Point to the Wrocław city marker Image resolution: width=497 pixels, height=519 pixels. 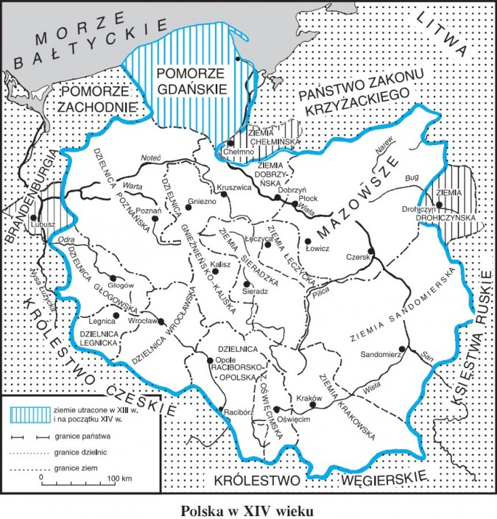[161, 320]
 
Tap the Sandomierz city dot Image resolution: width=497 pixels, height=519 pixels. [401, 349]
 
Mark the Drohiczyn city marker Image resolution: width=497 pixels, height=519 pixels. [439, 205]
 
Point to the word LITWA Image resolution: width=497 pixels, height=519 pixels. [443, 32]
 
